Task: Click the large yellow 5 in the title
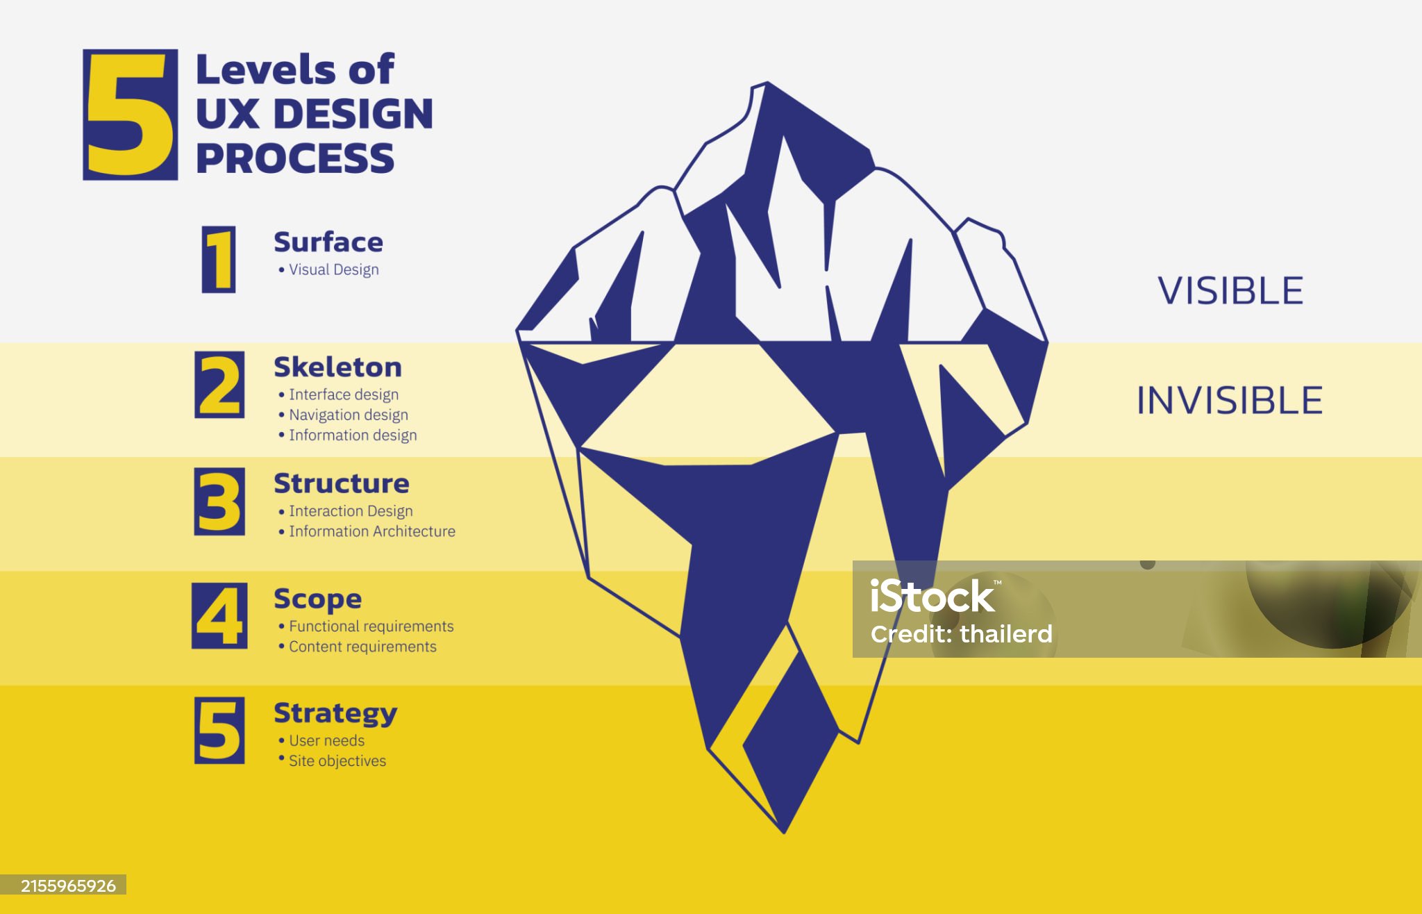pyautogui.click(x=130, y=115)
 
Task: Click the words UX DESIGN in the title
pyautogui.click(x=315, y=114)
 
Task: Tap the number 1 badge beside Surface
pyautogui.click(x=219, y=259)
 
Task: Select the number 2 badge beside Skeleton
pyautogui.click(x=219, y=385)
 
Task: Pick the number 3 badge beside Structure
pyautogui.click(x=219, y=501)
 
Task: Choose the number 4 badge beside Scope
pyautogui.click(x=219, y=616)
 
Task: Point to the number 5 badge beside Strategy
pyautogui.click(x=219, y=731)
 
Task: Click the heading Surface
pyautogui.click(x=328, y=242)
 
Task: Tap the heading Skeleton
pyautogui.click(x=337, y=367)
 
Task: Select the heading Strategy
pyautogui.click(x=335, y=714)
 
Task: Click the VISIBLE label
pyautogui.click(x=1230, y=290)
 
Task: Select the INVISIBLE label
pyautogui.click(x=1230, y=401)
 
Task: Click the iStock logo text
pyautogui.click(x=932, y=597)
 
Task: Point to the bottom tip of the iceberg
pyautogui.click(x=784, y=833)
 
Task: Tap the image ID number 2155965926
pyautogui.click(x=68, y=886)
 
